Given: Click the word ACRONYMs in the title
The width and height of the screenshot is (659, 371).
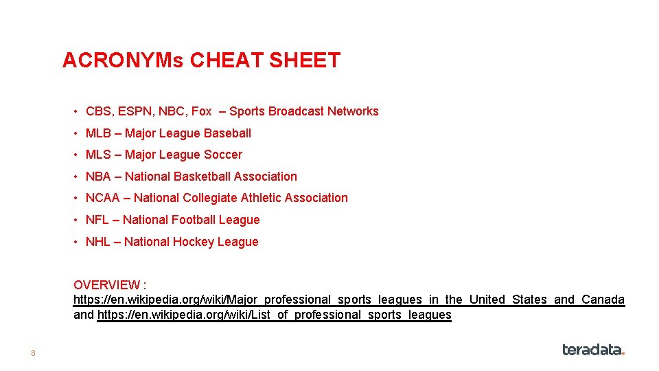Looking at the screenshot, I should [123, 60].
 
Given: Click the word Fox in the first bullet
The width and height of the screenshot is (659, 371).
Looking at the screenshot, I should [201, 111].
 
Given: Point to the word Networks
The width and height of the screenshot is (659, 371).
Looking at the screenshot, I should [353, 111].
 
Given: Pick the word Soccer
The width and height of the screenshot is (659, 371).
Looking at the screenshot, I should [223, 155].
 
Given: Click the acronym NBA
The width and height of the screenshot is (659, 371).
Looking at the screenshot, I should [98, 177].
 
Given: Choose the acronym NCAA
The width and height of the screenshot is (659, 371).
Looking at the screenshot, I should [102, 198].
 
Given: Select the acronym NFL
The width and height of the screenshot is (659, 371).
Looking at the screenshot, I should [97, 220].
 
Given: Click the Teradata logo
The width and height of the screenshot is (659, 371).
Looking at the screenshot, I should [593, 350].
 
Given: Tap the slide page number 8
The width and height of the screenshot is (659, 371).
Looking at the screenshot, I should [32, 353].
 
